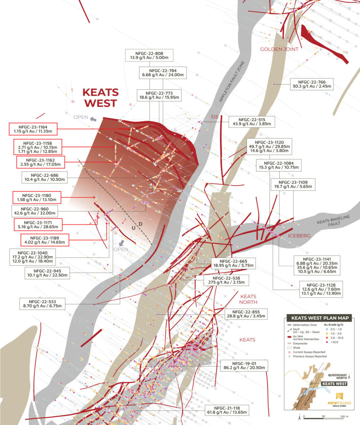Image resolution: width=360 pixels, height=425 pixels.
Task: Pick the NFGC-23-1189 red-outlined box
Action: [x=44, y=240]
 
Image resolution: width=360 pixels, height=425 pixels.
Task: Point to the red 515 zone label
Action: [x=214, y=117]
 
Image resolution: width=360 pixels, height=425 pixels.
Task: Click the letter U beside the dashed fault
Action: [x=134, y=229]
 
